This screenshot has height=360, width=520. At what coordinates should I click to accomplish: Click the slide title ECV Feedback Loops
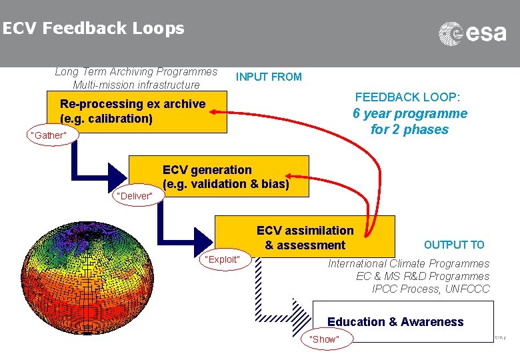pyautogui.click(x=93, y=29)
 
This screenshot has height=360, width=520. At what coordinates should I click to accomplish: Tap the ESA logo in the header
pyautogui.click(x=472, y=33)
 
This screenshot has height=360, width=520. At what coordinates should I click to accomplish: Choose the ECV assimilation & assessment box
pyautogui.click(x=305, y=237)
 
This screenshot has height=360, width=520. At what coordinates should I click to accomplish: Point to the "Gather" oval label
pyautogui.click(x=49, y=136)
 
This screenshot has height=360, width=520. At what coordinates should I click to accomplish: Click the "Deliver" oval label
pyautogui.click(x=135, y=195)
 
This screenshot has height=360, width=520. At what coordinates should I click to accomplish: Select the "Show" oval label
pyautogui.click(x=325, y=339)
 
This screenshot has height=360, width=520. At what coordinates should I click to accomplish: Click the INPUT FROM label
pyautogui.click(x=269, y=77)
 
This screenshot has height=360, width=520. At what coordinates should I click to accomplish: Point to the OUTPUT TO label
pyautogui.click(x=454, y=245)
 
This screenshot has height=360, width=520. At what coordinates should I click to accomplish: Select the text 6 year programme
pyautogui.click(x=409, y=113)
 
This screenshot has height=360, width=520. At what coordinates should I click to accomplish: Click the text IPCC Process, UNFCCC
pyautogui.click(x=430, y=289)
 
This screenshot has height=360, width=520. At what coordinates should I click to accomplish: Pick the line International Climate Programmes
pyautogui.click(x=408, y=263)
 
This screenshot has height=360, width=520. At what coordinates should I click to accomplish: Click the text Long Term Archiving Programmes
pyautogui.click(x=136, y=71)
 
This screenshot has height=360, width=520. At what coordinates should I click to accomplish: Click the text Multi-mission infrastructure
pyautogui.click(x=136, y=85)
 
